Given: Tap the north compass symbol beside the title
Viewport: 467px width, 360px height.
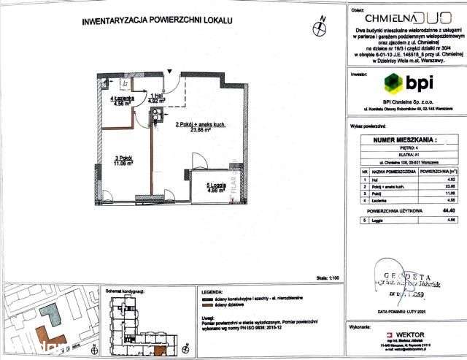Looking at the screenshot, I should [318, 29].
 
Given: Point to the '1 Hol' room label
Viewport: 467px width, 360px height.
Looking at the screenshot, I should [155, 96].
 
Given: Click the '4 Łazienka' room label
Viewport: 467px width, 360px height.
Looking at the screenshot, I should [120, 99].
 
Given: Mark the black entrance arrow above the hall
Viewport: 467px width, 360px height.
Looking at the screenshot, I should [169, 71].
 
